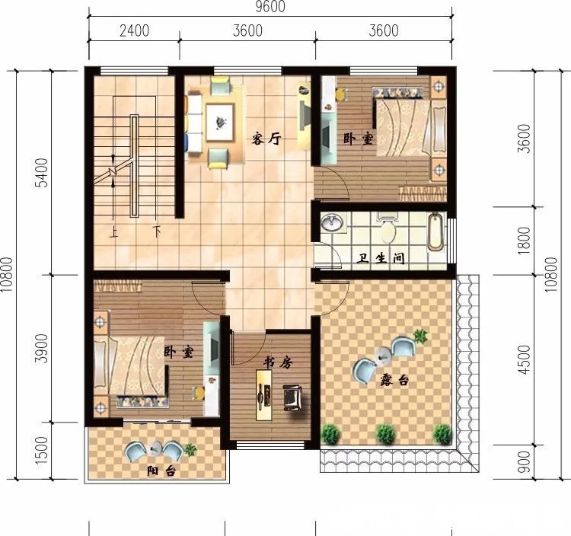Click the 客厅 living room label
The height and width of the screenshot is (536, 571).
[x=267, y=139]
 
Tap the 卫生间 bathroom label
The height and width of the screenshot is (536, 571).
[x=381, y=259]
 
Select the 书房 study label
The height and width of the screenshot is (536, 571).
[x=278, y=363]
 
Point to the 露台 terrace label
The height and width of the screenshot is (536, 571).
[x=394, y=378]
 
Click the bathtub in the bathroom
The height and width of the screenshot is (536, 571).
[x=435, y=233]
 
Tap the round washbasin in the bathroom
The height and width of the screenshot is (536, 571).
[x=331, y=224]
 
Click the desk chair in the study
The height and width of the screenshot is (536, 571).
[x=292, y=396]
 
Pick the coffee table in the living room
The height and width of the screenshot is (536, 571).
[x=222, y=122]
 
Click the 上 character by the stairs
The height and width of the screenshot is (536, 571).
[x=114, y=231]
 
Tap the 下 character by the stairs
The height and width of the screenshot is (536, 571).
[x=157, y=231]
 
